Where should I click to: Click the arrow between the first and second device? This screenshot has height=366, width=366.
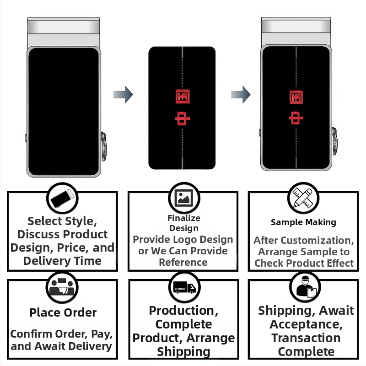123,95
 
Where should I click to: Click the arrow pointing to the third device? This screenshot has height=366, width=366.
240,95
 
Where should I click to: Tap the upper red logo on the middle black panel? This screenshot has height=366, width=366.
183,96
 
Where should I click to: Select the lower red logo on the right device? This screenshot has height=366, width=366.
296,118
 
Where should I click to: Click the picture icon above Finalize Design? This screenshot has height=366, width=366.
184,197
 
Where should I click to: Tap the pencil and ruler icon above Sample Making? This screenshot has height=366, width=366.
303,198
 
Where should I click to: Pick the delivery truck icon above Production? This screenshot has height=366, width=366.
184,287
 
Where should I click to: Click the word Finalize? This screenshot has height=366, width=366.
184,218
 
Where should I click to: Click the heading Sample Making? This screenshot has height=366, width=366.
303,222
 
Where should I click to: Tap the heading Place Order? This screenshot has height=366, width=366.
63,313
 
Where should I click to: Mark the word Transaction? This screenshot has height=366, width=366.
306,338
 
